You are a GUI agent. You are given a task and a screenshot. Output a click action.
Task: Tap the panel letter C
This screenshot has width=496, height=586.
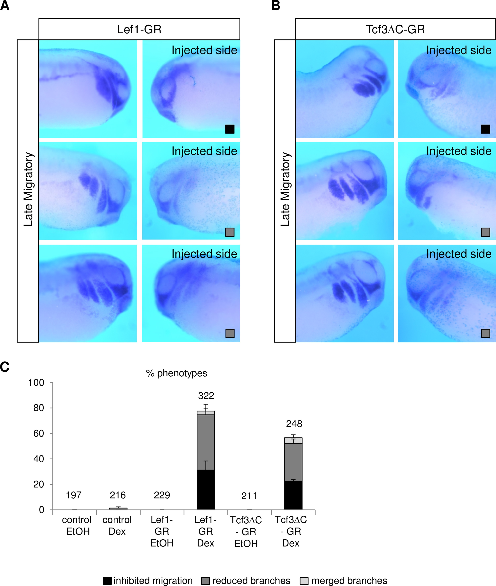point(5,367)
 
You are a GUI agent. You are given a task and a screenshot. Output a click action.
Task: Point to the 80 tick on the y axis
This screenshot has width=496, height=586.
point(39,408)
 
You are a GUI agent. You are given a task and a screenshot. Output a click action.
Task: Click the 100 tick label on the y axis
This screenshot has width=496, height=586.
point(36,383)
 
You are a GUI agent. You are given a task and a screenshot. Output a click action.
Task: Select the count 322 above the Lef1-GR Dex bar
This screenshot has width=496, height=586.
point(206,396)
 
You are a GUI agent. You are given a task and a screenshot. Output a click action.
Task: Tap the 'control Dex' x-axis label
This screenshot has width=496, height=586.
point(117,526)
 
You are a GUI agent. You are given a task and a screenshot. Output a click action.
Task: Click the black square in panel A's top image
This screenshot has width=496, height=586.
point(230,129)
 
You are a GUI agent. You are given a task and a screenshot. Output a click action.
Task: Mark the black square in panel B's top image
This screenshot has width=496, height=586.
point(486,129)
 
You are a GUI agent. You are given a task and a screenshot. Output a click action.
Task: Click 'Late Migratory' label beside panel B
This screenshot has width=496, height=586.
point(285,189)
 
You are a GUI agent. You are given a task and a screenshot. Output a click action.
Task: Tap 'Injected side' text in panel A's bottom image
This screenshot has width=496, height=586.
point(204,254)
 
